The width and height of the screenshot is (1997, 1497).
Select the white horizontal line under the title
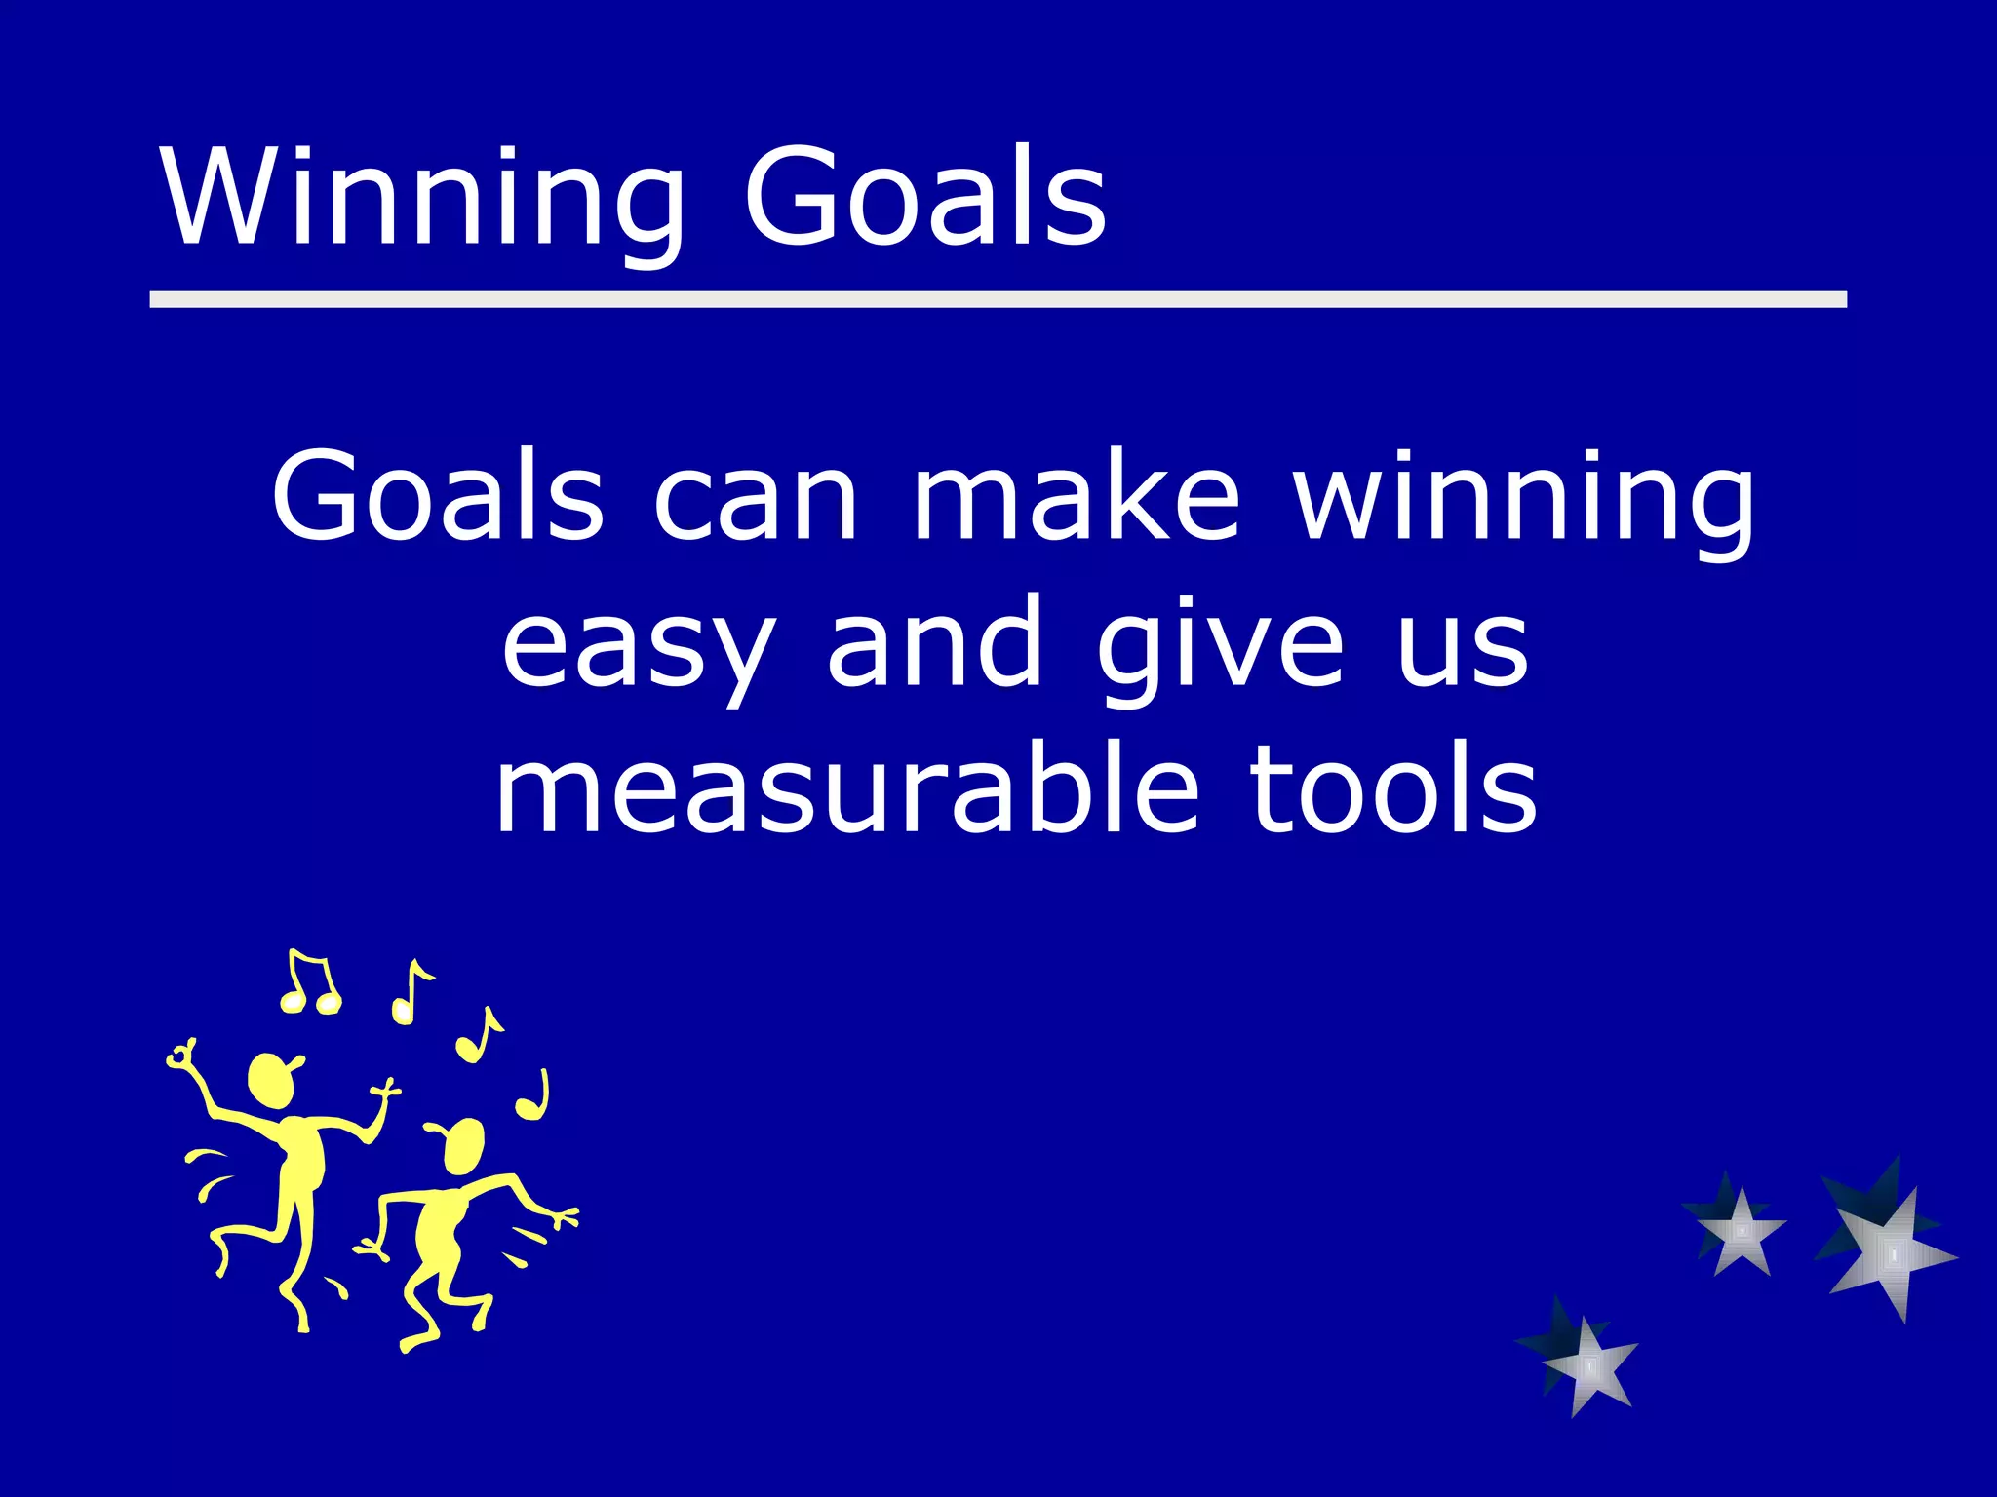point(998,299)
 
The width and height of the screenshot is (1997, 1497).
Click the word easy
point(639,648)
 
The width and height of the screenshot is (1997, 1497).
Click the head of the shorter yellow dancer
point(462,1145)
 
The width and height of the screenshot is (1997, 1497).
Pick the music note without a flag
point(533,1097)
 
